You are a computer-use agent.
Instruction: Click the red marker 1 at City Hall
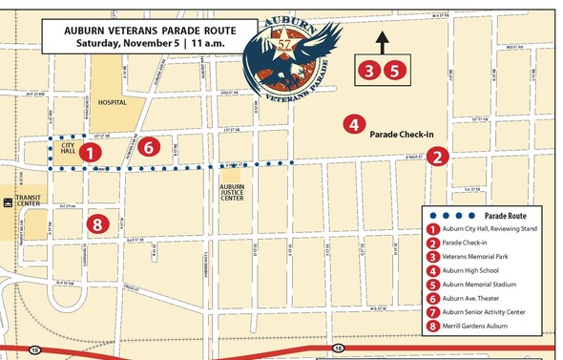tap(89, 152)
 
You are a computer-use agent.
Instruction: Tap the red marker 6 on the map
tap(147, 146)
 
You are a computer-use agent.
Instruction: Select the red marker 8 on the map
tap(95, 224)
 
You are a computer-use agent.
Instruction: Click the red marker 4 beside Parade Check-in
tap(353, 125)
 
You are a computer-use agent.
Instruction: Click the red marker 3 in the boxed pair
tap(368, 70)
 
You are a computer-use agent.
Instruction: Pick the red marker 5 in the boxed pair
tap(395, 70)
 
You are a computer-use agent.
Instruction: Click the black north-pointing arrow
tap(382, 43)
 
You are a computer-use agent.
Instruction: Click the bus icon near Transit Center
tap(8, 201)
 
